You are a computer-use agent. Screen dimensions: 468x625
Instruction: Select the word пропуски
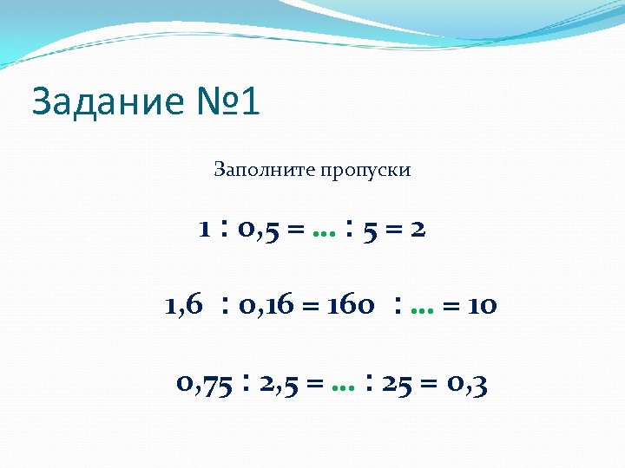coord(367,171)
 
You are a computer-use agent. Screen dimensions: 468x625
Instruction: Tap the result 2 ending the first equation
coord(419,230)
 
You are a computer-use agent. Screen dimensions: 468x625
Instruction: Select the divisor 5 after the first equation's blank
coord(369,230)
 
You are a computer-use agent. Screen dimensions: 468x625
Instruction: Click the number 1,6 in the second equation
coord(183,305)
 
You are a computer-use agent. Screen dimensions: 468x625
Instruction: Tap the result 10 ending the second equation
coord(480,305)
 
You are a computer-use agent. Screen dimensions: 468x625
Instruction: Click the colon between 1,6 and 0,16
coord(226,305)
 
